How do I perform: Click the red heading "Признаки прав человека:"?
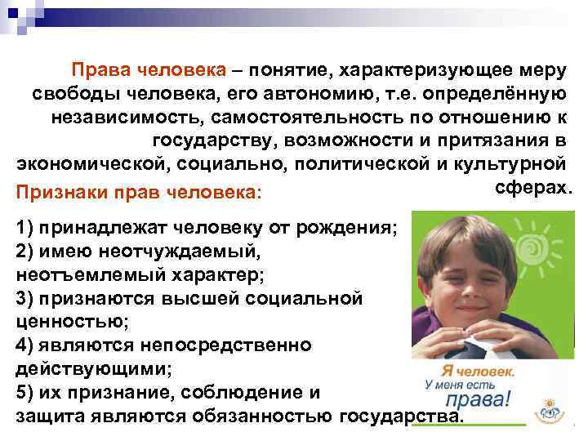pyautogui.click(x=138, y=194)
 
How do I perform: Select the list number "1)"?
pyautogui.click(x=25, y=229)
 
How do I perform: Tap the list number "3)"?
pyautogui.click(x=25, y=299)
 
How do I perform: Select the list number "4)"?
pyautogui.click(x=25, y=345)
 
